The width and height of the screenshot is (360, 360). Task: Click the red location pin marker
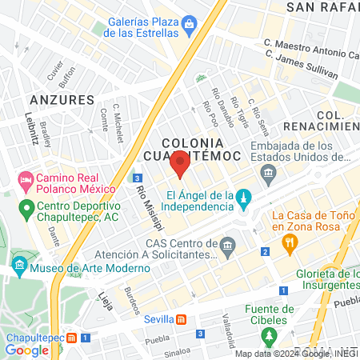pos(180,166)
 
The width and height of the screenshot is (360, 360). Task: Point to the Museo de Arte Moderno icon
pos(18,263)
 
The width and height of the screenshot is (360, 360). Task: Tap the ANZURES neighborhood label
pos(61,99)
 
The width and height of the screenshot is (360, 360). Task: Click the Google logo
pos(27,350)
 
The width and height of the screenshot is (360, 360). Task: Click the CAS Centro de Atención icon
pos(229,243)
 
